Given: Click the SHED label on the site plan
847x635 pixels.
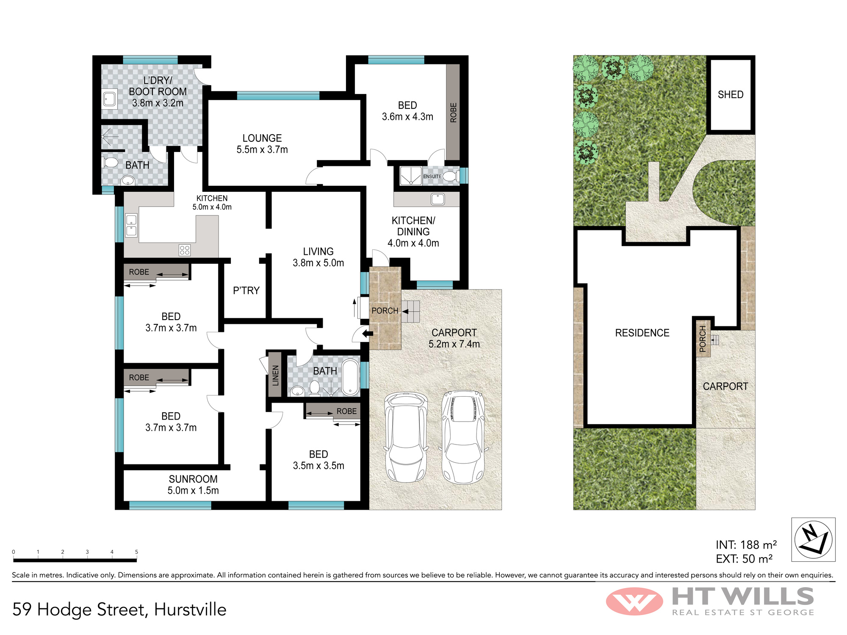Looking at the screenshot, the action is click(x=731, y=94).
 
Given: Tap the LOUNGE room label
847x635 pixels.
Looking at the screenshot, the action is click(x=262, y=138).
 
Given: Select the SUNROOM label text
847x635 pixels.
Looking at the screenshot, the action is click(x=193, y=479).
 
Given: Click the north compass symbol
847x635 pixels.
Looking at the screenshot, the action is click(x=813, y=539).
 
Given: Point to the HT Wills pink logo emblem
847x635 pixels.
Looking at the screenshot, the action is click(x=634, y=601).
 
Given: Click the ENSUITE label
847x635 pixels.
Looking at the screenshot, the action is click(x=432, y=177).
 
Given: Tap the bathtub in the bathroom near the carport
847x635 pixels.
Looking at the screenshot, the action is click(x=350, y=377).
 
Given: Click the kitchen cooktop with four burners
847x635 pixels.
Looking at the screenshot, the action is click(x=185, y=250).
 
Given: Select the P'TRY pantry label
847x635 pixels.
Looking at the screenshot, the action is click(x=246, y=290).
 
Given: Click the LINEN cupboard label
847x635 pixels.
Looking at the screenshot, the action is click(x=276, y=375).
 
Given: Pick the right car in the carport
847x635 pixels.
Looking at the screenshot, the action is click(x=463, y=437).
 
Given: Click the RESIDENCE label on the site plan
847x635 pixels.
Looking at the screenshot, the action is click(x=642, y=333).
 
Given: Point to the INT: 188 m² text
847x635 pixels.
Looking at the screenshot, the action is click(x=746, y=545).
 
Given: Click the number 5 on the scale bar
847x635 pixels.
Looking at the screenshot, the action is click(x=136, y=552).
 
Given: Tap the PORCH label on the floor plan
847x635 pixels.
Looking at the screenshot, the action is click(x=385, y=311).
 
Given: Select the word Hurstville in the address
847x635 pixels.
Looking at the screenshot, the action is click(x=190, y=610).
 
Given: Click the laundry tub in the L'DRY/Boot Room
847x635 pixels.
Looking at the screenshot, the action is click(x=109, y=99).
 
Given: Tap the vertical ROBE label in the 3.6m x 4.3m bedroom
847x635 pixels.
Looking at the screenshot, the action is click(x=454, y=113).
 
